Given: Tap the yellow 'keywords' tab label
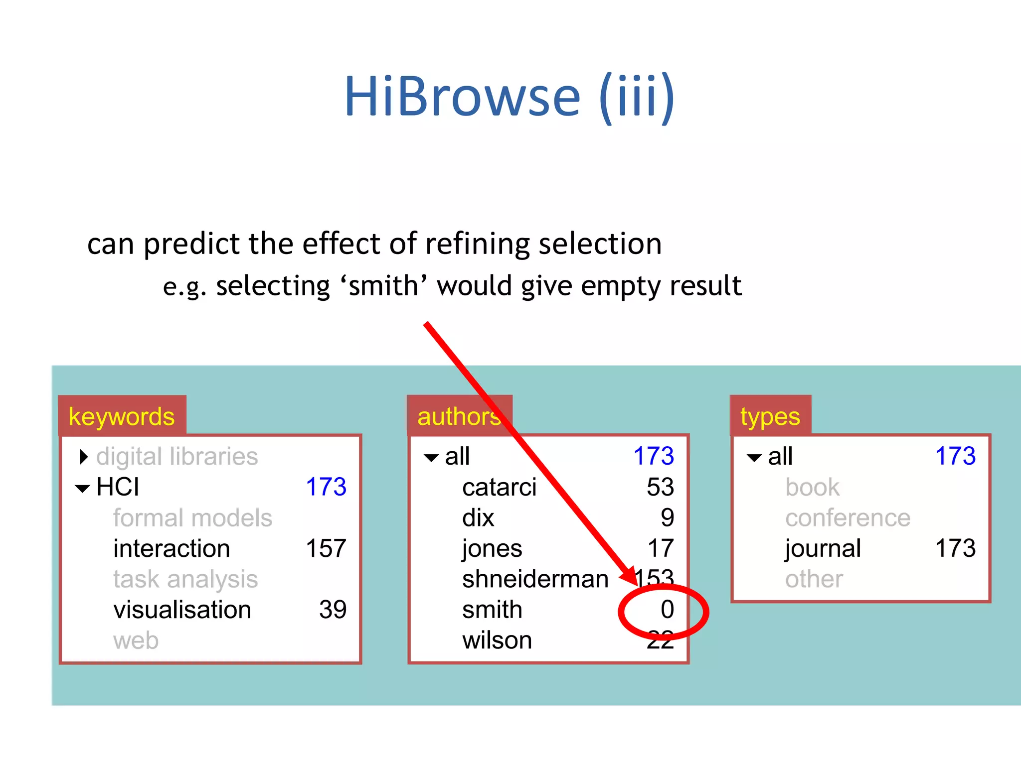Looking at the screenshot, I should click(x=122, y=416).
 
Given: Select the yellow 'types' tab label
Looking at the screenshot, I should click(x=770, y=416).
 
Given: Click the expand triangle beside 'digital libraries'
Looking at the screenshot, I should click(x=84, y=457).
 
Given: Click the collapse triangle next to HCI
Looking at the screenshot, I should click(x=82, y=488).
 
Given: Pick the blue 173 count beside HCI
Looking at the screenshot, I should click(x=326, y=487).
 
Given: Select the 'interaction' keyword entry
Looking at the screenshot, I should click(x=171, y=548).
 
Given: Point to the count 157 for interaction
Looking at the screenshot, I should click(x=326, y=548).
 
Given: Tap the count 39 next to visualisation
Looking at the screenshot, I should click(x=333, y=610).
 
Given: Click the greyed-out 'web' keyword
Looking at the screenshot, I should click(x=136, y=640).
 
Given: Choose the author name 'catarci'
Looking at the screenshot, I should click(x=499, y=487).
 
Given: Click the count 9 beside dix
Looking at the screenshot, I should click(x=667, y=518).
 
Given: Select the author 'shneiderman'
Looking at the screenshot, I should click(x=535, y=579).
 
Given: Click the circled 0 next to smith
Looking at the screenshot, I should click(x=667, y=610).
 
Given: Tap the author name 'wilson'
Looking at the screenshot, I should click(x=497, y=640).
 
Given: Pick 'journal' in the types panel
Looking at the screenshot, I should click(x=823, y=548).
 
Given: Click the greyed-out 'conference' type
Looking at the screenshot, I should click(x=848, y=518).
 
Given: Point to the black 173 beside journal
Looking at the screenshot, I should click(x=955, y=548).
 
